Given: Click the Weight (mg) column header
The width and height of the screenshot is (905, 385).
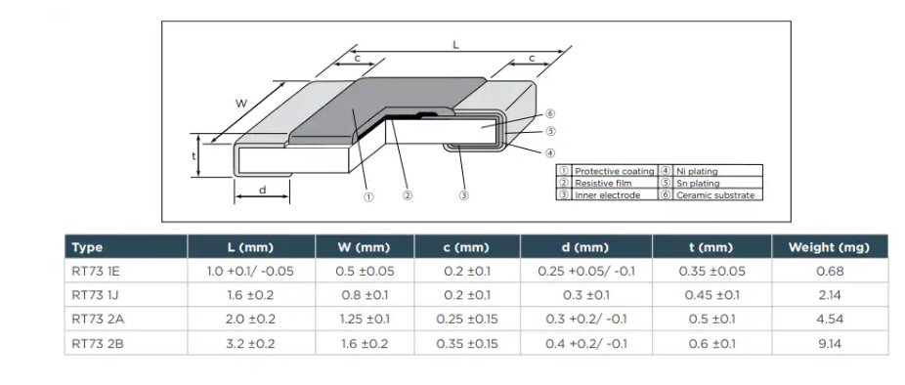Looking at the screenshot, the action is pos(829,247).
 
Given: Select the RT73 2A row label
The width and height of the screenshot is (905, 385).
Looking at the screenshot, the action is pos(98,320).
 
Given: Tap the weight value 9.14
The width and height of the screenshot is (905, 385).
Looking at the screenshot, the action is pos(830,344).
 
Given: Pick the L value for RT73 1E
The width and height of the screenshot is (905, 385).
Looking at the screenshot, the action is pos(250,272).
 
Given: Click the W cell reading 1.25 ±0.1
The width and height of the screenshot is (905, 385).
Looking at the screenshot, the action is pos(364,320).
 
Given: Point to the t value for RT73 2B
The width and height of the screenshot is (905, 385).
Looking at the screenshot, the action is pos(711,344).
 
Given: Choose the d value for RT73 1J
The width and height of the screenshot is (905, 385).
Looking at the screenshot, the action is pos(585,295).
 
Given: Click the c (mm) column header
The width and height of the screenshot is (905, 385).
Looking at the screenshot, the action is pos(466,247).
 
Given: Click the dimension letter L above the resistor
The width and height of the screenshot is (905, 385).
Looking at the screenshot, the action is pos(456,45).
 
